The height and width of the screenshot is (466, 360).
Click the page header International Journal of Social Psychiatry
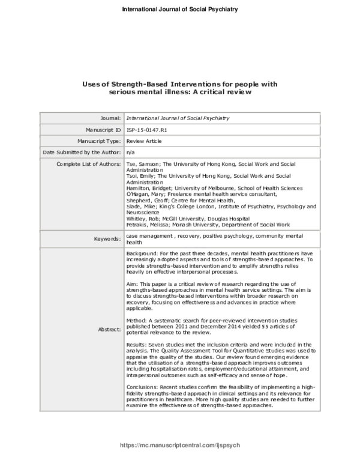click(x=180, y=10)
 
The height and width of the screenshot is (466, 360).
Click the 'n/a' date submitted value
click(x=131, y=153)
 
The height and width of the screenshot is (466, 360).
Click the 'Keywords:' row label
click(x=106, y=239)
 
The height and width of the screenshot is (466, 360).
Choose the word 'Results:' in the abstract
click(x=137, y=327)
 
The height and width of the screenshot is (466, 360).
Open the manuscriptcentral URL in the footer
click(x=180, y=446)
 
